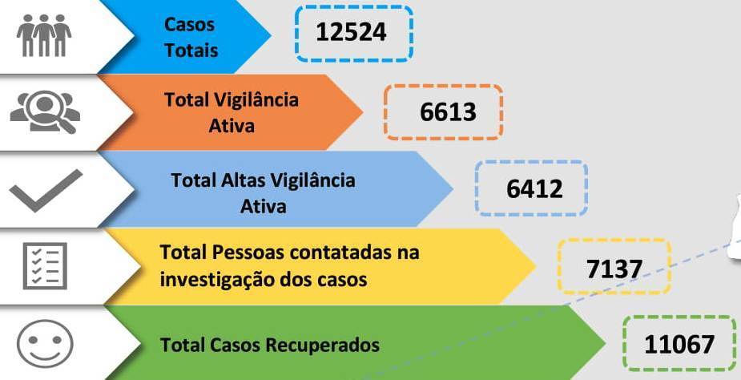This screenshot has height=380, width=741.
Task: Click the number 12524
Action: pyautogui.click(x=351, y=32)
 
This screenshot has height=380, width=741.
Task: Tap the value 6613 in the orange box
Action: pyautogui.click(x=448, y=112)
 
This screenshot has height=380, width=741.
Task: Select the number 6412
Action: pyautogui.click(x=534, y=189)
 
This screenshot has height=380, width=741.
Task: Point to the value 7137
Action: pyautogui.click(x=614, y=269)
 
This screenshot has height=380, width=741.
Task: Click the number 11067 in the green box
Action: pyautogui.click(x=679, y=345)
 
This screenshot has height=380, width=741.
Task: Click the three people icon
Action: pyautogui.click(x=44, y=35)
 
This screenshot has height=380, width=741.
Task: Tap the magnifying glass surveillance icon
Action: pyautogui.click(x=45, y=112)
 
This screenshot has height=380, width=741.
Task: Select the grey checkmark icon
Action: pyautogui.click(x=46, y=190)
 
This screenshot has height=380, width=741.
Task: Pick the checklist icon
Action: pyautogui.click(x=45, y=265)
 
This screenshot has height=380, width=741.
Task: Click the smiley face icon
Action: pyautogui.click(x=45, y=344)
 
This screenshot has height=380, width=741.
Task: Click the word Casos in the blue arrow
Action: pyautogui.click(x=189, y=25)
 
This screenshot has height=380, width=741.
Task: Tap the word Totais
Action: pyautogui.click(x=191, y=51)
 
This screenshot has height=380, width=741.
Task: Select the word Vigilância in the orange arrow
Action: pyautogui.click(x=257, y=99)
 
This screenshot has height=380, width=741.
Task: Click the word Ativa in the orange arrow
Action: pyautogui.click(x=232, y=126)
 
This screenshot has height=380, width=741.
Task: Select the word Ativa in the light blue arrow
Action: pyautogui.click(x=264, y=206)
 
